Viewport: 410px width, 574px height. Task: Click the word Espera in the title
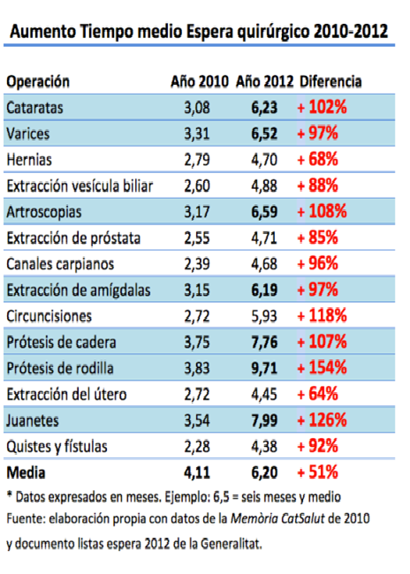pos(210,32)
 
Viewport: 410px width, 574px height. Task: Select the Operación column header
pos(38,81)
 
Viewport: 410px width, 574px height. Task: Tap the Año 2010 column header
pos(200,81)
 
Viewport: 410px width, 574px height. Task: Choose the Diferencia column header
pos(330,81)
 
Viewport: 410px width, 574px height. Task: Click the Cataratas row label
pos(34,108)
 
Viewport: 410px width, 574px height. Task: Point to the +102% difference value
pos(322,107)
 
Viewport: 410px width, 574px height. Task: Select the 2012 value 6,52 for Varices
pos(264,133)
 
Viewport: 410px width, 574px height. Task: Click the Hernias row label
pos(29,160)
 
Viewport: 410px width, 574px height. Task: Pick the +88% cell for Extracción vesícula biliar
pos(318,185)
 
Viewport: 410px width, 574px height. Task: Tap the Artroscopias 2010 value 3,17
pos(197,212)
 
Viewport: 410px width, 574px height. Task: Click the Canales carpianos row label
pos(60,264)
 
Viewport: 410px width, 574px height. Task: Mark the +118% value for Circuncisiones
pos(322,315)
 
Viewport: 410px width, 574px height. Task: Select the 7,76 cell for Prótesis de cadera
pos(264,343)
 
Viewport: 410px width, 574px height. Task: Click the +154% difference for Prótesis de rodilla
pos(322,367)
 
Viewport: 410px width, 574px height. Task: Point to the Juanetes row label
pos(33,420)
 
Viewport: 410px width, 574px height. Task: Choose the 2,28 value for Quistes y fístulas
pos(197,447)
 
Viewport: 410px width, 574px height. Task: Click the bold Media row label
pos(26,472)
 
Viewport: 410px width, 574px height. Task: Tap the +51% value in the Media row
pos(318,472)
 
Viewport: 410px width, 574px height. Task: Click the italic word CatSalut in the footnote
pos(303,518)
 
